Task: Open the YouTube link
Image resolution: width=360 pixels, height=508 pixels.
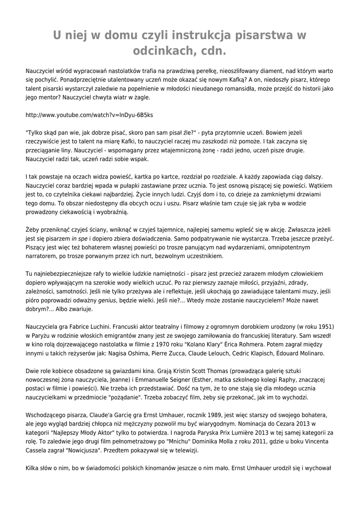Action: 89,115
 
